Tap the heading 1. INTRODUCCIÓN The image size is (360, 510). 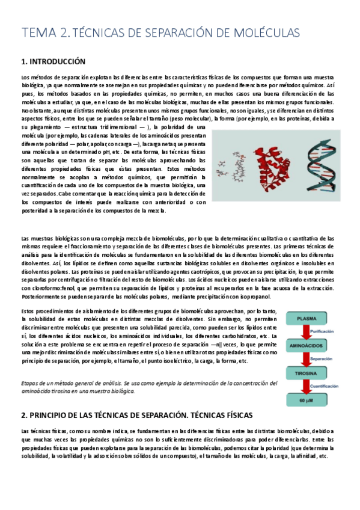point(53,62)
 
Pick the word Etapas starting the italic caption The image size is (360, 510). point(30,383)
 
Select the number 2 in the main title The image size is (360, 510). point(64,32)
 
